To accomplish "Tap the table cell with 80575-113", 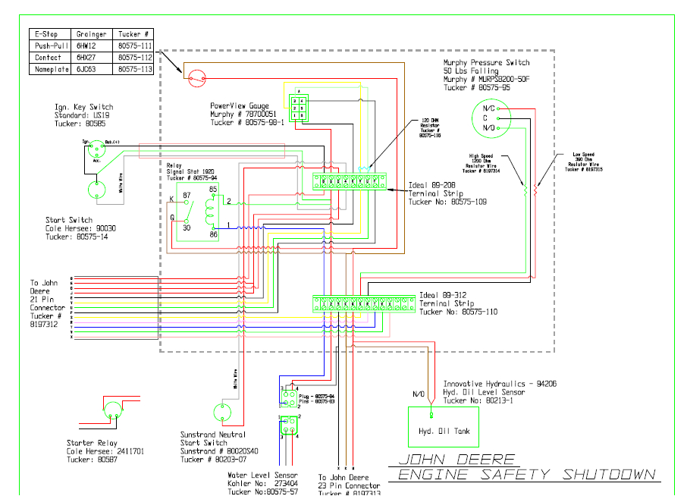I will click(134, 69).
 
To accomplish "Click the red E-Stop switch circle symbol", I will click(196, 77).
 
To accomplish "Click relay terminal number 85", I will click(213, 189).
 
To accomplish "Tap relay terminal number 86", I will click(213, 236).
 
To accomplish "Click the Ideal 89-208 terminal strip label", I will click(434, 193).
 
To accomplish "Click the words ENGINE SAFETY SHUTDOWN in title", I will click(527, 475).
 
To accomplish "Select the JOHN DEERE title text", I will click(456, 460).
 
